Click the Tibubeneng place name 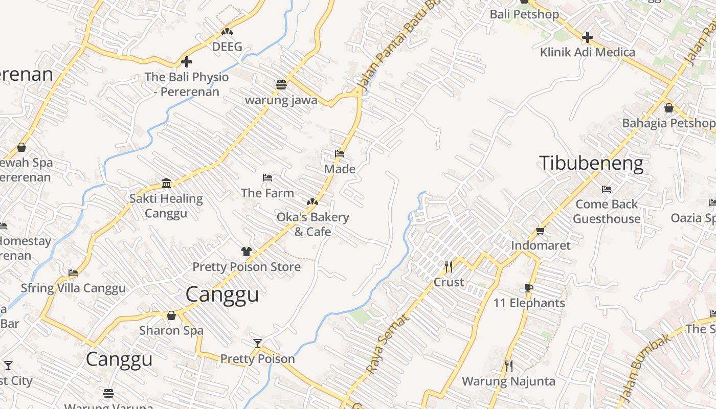coord(591,163)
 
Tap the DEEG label coord(227,47)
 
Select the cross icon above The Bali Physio coord(187,62)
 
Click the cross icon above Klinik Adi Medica coord(588,37)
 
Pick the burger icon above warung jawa coord(281,85)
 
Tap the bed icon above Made coord(339,154)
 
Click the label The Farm coord(267,193)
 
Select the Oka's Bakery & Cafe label coord(312,224)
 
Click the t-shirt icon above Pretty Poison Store coord(247,252)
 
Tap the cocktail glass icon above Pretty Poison coord(258,344)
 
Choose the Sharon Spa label coord(171,330)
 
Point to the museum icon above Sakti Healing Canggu coord(166,183)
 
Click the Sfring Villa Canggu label coord(73,288)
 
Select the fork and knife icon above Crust coord(449,267)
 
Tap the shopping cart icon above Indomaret coord(541,231)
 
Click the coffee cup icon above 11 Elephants coord(529,288)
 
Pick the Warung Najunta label coord(508,381)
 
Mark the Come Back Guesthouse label coord(607,212)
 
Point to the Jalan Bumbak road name coord(643,368)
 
